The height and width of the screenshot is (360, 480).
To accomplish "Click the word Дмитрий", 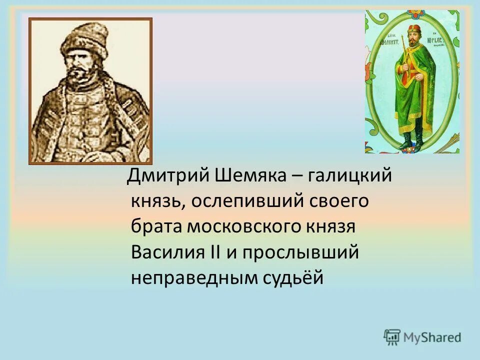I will click(x=168, y=175).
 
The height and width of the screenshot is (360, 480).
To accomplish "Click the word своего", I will click(x=337, y=201).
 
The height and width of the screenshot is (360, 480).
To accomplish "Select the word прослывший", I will click(x=301, y=252).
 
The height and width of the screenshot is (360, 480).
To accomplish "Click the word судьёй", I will click(x=293, y=277).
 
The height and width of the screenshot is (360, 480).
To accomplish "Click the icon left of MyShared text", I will click(x=392, y=337).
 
